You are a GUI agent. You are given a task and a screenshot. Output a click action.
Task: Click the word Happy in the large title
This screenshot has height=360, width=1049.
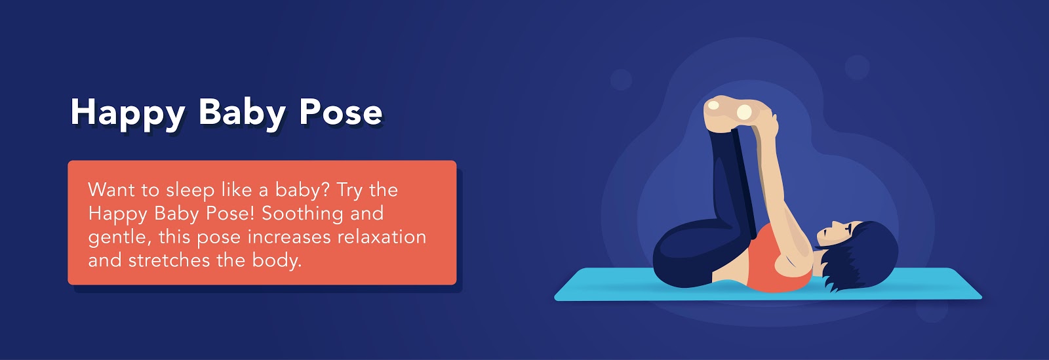tap(128, 113)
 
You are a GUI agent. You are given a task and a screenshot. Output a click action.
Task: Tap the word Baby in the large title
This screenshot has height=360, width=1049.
tap(242, 113)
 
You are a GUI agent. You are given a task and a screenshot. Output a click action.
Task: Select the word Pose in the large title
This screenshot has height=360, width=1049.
tap(341, 112)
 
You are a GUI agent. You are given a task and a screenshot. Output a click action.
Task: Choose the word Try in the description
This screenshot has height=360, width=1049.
tap(350, 191)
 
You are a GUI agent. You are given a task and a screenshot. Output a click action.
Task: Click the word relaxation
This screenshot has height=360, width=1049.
tap(382, 237)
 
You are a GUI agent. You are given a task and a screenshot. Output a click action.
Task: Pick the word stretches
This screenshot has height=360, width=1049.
tap(168, 261)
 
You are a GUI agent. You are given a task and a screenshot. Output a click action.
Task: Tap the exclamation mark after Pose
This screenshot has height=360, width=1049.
tap(252, 214)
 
